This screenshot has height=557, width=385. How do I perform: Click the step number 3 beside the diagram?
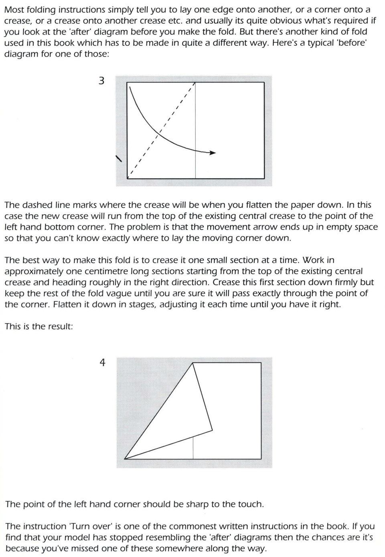click(x=101, y=81)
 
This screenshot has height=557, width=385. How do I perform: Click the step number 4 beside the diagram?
click(x=102, y=363)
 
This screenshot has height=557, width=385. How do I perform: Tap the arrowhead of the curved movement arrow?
click(x=213, y=152)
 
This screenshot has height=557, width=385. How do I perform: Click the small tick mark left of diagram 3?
click(x=119, y=159)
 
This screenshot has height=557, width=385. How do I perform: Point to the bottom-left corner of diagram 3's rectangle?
click(x=127, y=178)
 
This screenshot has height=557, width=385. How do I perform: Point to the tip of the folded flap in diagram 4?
click(x=212, y=431)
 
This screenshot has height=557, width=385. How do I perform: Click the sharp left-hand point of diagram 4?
click(x=125, y=458)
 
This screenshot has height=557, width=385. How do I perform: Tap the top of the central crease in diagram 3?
click(x=195, y=83)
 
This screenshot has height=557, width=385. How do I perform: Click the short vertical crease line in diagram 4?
click(x=193, y=447)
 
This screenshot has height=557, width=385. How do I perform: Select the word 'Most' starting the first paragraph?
click(x=15, y=10)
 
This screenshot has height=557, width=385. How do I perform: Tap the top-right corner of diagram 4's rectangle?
click(x=261, y=363)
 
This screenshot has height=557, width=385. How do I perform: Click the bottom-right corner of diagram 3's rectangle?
click(x=264, y=178)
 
